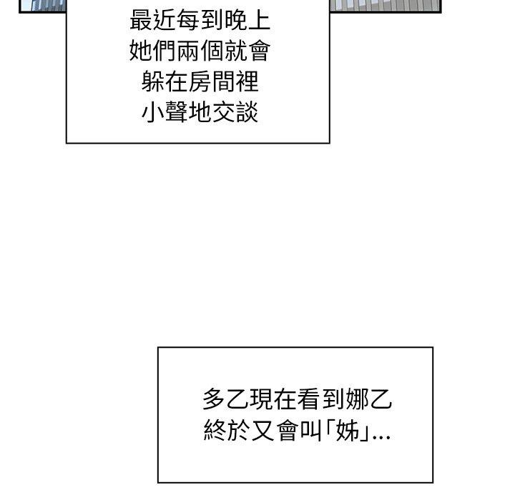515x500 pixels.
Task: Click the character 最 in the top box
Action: coord(141,20)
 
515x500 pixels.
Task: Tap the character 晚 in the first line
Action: coord(236,20)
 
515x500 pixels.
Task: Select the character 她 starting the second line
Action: coord(141,51)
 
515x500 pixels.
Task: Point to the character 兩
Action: coord(188,51)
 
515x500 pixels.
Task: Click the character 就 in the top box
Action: coord(236,51)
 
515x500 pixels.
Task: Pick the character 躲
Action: coord(153,81)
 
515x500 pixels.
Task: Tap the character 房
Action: coord(200,81)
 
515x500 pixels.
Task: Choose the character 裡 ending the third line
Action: coord(247,81)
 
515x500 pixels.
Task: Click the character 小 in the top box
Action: coord(153,111)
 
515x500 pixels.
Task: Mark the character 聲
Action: coord(177,111)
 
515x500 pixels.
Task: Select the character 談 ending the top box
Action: coord(247,111)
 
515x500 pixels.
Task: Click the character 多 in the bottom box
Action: coord(214,399)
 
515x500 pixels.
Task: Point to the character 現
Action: coord(261,399)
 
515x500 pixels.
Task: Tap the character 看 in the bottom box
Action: coord(308,399)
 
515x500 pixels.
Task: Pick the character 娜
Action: coord(356,399)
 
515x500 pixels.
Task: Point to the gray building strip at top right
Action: coord(386,6)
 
